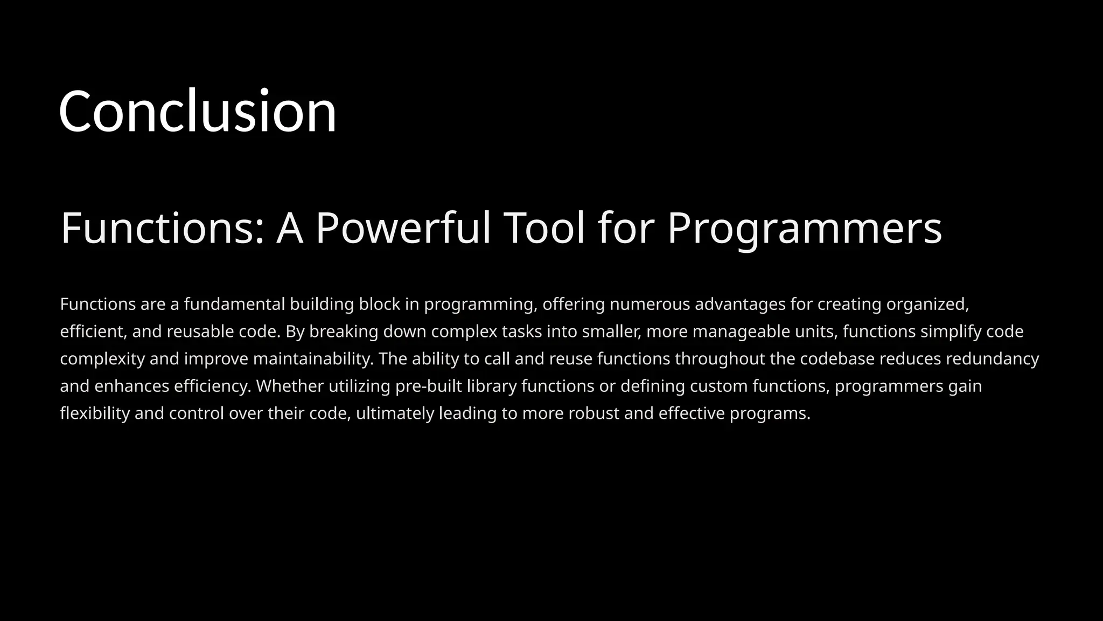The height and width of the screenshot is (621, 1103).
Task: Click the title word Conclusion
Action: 197,112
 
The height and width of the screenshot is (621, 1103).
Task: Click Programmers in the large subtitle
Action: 805,228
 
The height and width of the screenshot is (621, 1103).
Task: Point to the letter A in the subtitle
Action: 290,228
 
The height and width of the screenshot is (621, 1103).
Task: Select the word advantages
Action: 740,305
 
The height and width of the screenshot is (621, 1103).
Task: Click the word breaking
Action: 344,332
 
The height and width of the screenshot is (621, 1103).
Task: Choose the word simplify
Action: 951,332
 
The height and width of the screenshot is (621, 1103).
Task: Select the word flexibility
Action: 95,413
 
